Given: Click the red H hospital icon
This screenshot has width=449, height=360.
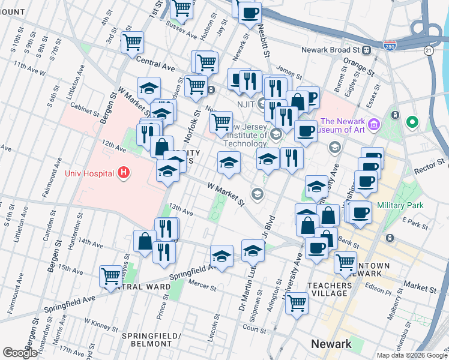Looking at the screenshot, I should [x=124, y=173].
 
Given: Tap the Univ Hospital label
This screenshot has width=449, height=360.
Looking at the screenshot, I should [x=89, y=174].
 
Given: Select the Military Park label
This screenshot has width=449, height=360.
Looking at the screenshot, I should [x=400, y=205].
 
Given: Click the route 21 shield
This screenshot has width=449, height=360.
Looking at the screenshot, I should [x=427, y=52].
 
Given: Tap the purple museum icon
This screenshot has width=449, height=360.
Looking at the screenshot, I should [x=375, y=124].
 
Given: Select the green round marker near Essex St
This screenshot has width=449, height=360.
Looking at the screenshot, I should [x=412, y=123].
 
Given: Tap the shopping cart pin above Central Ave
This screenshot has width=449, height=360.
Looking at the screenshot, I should [x=132, y=41].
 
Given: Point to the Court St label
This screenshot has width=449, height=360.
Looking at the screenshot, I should [x=255, y=329].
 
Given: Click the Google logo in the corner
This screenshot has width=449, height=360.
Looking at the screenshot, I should [x=20, y=353].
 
